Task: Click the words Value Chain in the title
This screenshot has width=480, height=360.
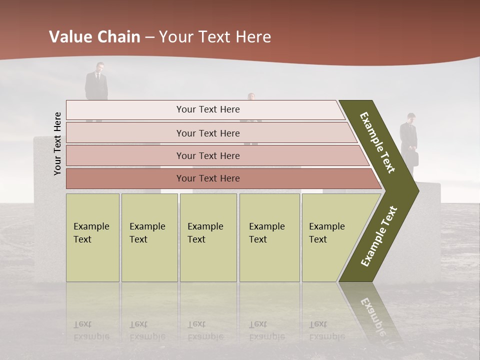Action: tap(94, 37)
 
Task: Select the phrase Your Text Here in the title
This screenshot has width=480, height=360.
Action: tap(214, 37)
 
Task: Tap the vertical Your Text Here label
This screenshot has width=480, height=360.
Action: tap(57, 144)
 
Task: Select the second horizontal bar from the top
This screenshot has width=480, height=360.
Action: tap(207, 133)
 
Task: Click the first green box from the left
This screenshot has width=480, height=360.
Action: tap(92, 237)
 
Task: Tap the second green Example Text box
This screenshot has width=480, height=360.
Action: tap(149, 237)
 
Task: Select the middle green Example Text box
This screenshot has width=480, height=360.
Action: tap(208, 237)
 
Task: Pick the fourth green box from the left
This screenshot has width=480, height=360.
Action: tap(269, 237)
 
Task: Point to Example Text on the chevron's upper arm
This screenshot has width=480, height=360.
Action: tap(377, 142)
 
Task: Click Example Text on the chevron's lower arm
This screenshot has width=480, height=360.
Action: tap(379, 236)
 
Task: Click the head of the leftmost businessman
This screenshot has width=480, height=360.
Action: tap(100, 66)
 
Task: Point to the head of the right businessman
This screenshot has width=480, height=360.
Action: tap(410, 117)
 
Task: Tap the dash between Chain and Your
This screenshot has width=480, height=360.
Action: tap(149, 37)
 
